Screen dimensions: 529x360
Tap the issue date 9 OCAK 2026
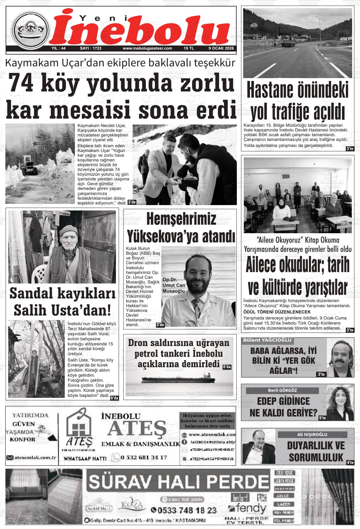221,48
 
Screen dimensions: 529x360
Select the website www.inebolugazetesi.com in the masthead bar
147,48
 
